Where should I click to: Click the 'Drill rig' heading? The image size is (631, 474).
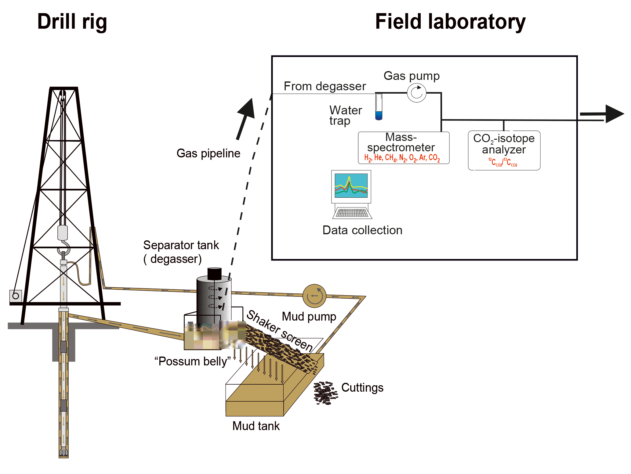72,22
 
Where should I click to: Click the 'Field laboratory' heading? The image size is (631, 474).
450,22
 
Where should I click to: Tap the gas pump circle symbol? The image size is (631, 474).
416,93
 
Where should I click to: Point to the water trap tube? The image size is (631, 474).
379,107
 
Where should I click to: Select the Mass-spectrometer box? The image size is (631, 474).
403,148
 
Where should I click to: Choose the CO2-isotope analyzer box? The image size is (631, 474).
504,150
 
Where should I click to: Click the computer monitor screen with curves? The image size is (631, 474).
351,186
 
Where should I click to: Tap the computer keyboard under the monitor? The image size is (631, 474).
352,213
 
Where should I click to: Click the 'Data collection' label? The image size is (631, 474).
362,230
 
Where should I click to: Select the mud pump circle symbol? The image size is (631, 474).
314,296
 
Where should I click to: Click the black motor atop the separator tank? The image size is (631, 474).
214,274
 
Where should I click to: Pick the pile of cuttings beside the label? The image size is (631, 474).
325,393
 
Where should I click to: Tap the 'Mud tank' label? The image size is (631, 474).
256,426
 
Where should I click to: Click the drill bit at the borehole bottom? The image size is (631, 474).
63,452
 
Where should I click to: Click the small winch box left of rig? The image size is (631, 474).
16,296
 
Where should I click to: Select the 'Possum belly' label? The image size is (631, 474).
193,361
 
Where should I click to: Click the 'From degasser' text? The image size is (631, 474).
325,86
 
